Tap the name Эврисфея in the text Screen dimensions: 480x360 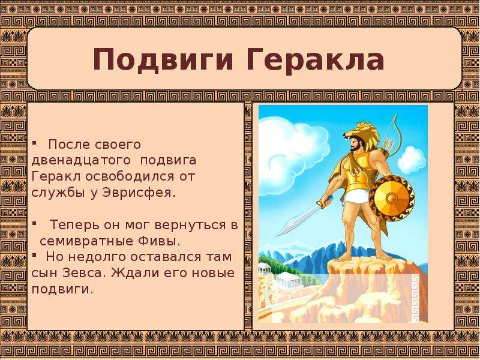pyautogui.click(x=139, y=193)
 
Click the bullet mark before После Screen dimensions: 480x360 pyautogui.click(x=34, y=143)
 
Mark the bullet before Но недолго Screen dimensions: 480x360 pyautogui.click(x=34, y=254)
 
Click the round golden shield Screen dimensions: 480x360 pyautogui.click(x=392, y=198)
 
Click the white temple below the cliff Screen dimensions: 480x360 pyautogui.click(x=288, y=280)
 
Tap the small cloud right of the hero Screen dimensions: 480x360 pyautogui.click(x=412, y=160)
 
